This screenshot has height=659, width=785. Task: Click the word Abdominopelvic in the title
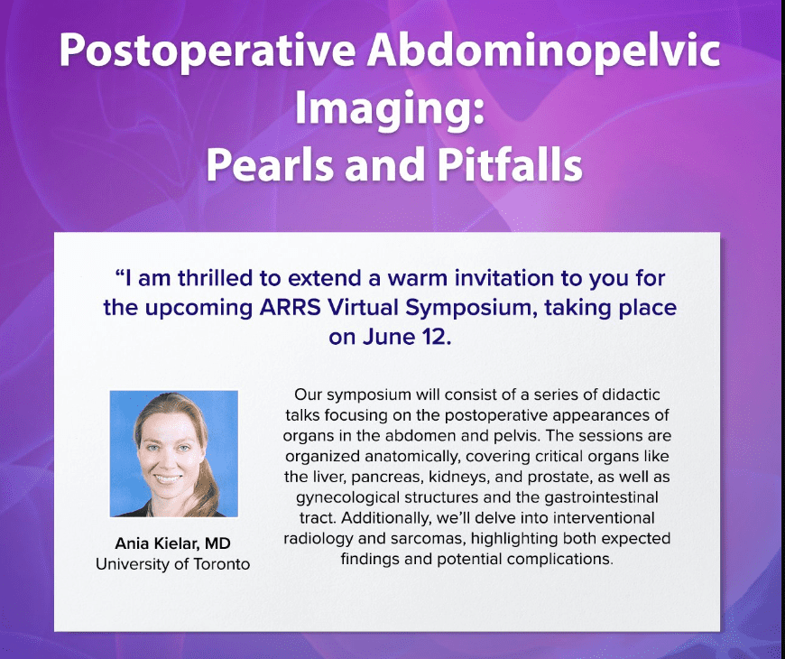point(543,51)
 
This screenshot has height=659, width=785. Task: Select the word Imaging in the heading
point(385,109)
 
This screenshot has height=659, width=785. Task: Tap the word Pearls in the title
point(270,164)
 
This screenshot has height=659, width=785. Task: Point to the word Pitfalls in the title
point(510,164)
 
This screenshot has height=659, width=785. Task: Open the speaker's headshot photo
point(174,454)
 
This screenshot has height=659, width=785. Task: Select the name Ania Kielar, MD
point(172,543)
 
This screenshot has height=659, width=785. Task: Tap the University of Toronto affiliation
point(172,564)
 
